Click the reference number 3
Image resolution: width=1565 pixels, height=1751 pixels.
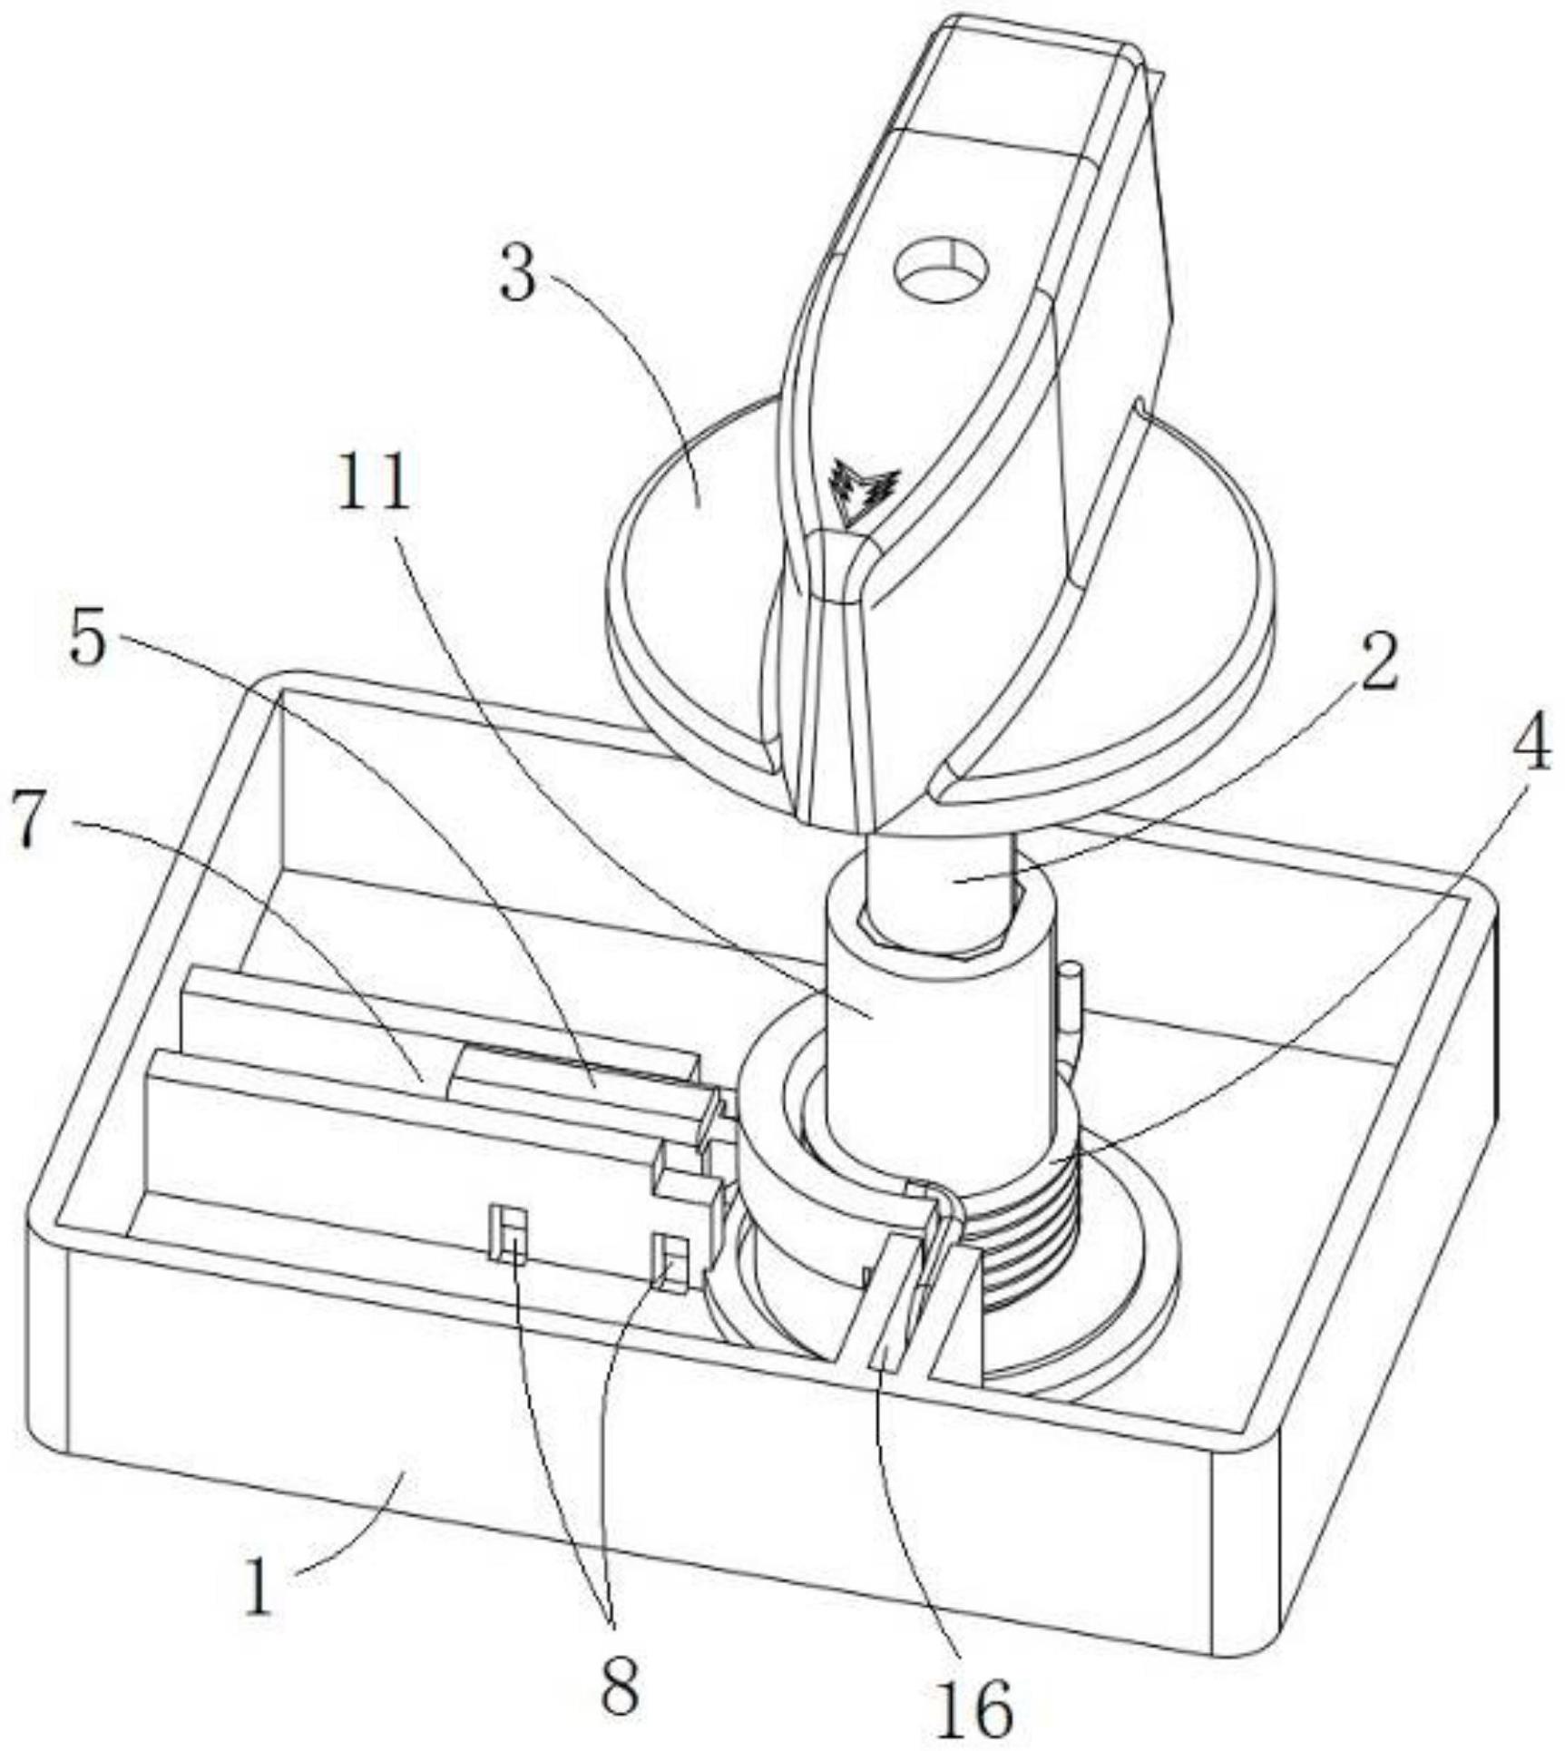point(519,277)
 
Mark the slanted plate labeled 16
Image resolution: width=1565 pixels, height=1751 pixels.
point(894,1306)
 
